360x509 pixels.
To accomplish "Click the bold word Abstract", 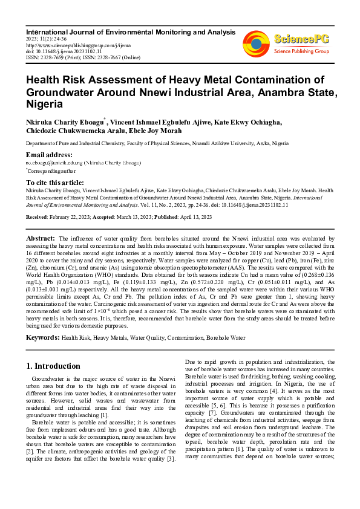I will click(x=41, y=239).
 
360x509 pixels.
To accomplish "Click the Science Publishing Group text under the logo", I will click(x=301, y=51).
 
